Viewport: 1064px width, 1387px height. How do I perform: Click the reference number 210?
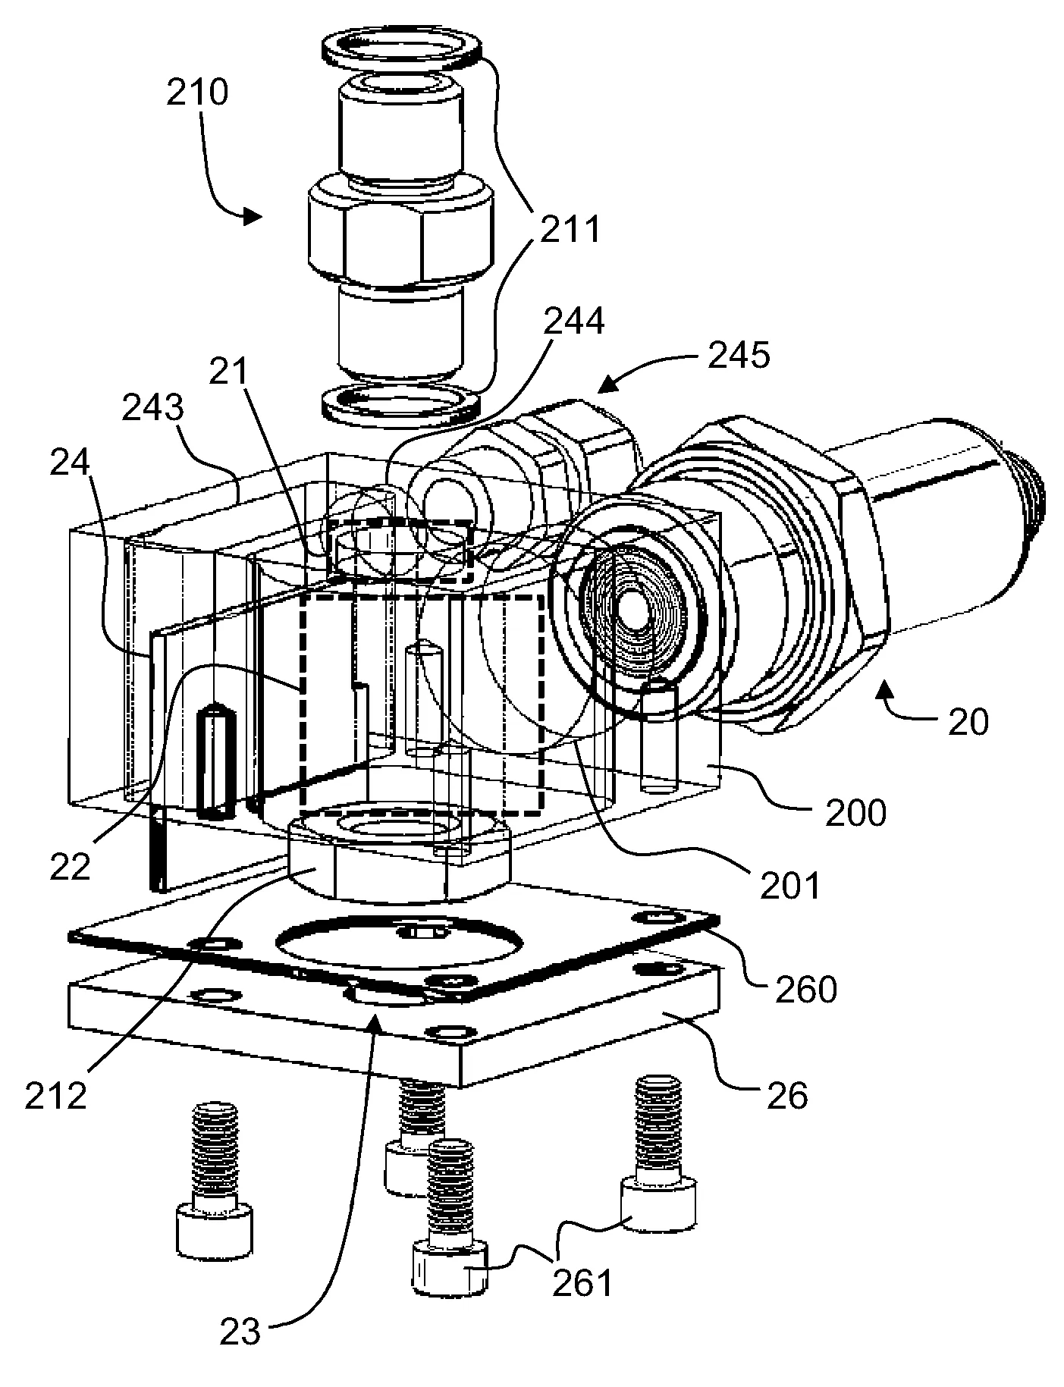pos(196,94)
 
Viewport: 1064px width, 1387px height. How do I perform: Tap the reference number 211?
pos(570,228)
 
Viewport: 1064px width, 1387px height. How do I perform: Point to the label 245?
pos(739,354)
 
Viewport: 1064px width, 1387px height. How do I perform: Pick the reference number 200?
pos(855,814)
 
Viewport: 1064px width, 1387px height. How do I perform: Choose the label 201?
pos(790,884)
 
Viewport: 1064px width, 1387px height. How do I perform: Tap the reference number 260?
pos(805,988)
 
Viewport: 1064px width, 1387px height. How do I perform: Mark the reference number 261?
pos(582,1283)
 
